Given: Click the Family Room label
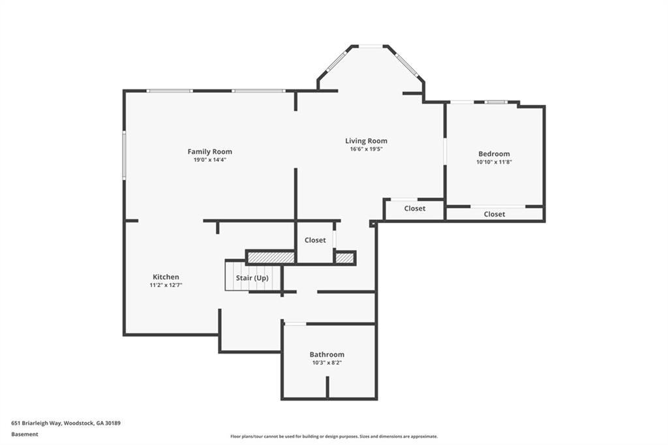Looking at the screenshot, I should pyautogui.click(x=209, y=151).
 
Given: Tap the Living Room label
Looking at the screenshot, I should pyautogui.click(x=366, y=140).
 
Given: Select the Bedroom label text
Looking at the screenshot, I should pyautogui.click(x=494, y=154).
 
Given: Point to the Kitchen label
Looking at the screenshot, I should pyautogui.click(x=166, y=277).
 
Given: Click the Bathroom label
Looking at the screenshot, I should pyautogui.click(x=327, y=354).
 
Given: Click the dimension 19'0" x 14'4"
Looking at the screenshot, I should pyautogui.click(x=209, y=160).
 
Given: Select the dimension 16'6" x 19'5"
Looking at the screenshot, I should pyautogui.click(x=366, y=149).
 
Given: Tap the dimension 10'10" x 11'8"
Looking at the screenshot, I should pyautogui.click(x=494, y=162).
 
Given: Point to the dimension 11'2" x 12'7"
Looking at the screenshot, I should pyautogui.click(x=166, y=285).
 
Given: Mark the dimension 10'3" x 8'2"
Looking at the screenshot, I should pyautogui.click(x=327, y=362).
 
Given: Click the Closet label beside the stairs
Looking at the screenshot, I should pyautogui.click(x=315, y=240).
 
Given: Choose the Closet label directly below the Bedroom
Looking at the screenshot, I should pyautogui.click(x=494, y=214).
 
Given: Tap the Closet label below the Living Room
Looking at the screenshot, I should pyautogui.click(x=414, y=209).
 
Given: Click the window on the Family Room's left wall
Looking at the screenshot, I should pyautogui.click(x=124, y=155).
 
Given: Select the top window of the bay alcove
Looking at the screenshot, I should pyautogui.click(x=371, y=46).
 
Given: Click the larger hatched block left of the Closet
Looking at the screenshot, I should pyautogui.click(x=271, y=258).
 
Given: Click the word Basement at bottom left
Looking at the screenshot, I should pyautogui.click(x=25, y=434).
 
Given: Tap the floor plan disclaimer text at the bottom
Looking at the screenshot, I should pyautogui.click(x=333, y=437).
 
